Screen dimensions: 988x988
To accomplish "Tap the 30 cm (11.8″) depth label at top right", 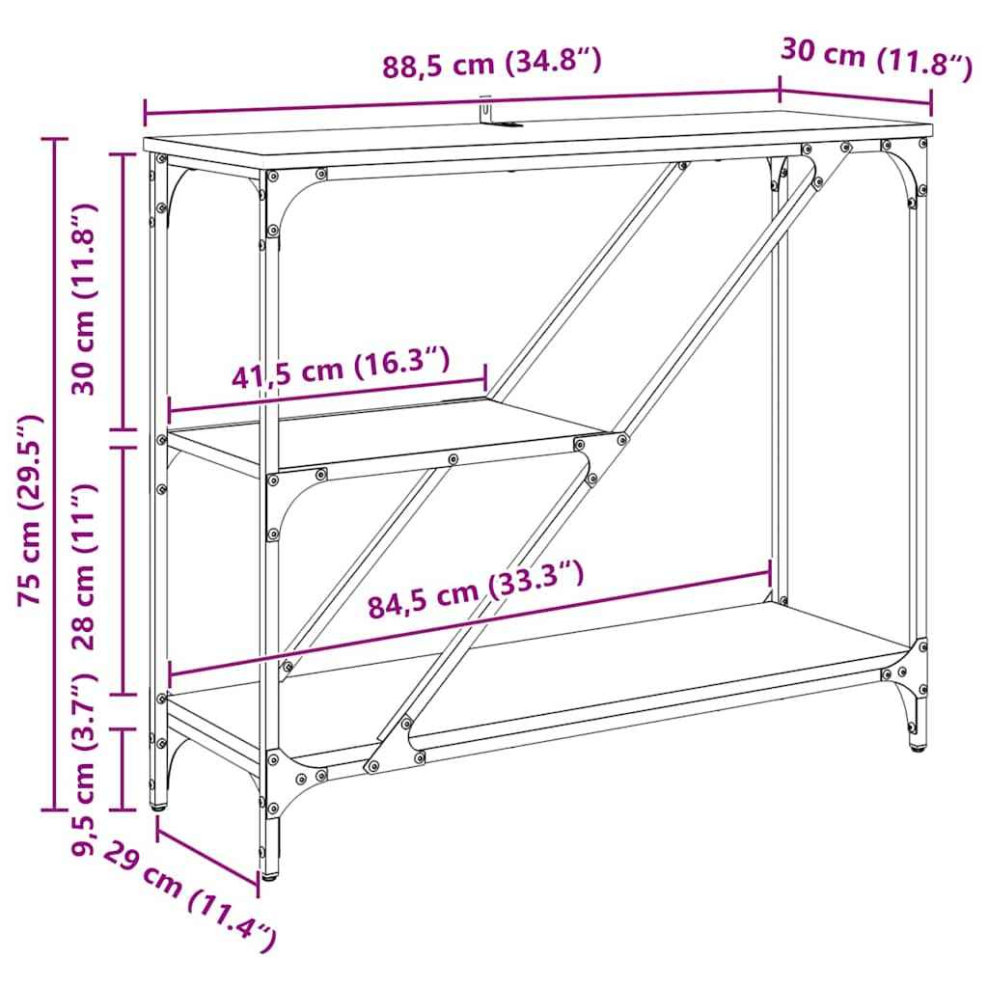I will point(874,59).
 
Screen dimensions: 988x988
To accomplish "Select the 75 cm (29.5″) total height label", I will point(33,509).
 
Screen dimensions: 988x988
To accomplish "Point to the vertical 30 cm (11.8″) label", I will point(88,299).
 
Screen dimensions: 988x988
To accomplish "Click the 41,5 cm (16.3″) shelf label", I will point(341,369).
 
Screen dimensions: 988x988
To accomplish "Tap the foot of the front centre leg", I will point(270,874).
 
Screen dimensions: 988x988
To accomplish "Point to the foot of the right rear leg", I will point(917,746).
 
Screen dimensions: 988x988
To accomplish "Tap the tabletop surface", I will point(540,135).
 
